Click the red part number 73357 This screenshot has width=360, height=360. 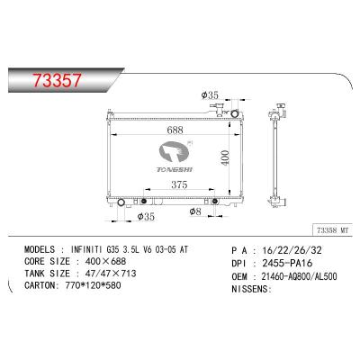click(x=57, y=80)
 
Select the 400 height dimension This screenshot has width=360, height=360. click(x=225, y=157)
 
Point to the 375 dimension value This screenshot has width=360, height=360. click(x=179, y=184)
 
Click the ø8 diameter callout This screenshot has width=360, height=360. click(x=195, y=211)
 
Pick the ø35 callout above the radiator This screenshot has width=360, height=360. click(x=210, y=95)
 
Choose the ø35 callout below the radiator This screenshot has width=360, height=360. click(x=146, y=216)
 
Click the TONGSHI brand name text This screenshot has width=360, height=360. click(x=175, y=169)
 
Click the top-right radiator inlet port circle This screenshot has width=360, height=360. click(x=235, y=114)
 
